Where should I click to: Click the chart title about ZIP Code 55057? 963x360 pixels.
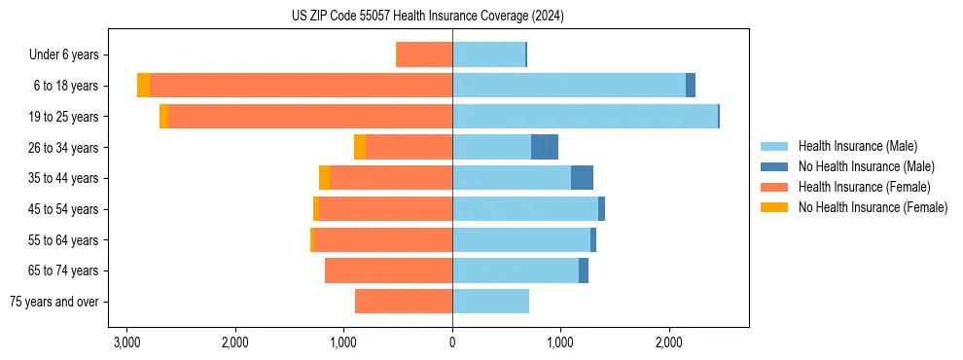(427, 17)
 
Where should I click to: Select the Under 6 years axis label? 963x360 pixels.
(69, 54)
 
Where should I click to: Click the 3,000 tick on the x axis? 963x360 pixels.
(126, 342)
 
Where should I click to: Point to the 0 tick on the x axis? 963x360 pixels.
(452, 342)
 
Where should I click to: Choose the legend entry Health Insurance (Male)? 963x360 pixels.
(857, 146)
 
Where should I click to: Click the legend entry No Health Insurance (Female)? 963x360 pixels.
(873, 207)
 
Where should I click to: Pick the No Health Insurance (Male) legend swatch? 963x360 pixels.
(774, 166)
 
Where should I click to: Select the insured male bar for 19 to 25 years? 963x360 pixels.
(584, 117)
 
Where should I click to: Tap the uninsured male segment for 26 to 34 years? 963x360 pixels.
(545, 147)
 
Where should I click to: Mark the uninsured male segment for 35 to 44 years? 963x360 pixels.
(582, 178)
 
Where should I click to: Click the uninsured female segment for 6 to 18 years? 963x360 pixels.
(144, 86)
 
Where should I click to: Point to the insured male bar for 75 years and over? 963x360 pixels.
(490, 302)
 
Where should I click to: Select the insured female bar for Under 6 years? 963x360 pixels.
(425, 54)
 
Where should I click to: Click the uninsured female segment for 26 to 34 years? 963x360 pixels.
(360, 147)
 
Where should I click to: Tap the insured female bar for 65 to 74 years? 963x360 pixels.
(389, 270)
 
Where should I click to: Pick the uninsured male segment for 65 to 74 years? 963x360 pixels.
(584, 270)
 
